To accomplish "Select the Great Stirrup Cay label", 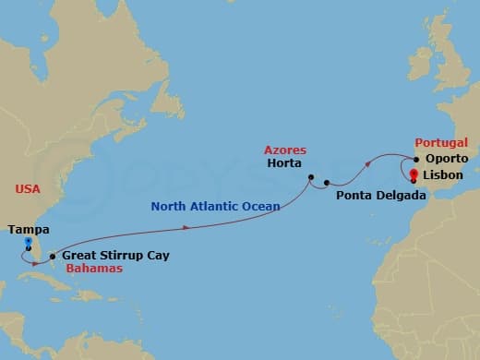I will click(x=115, y=255).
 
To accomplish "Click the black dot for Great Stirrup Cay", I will click(x=53, y=256).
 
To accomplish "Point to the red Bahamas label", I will click(x=95, y=268).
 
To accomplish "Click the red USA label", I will click(x=28, y=188).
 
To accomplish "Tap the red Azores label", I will click(x=285, y=150).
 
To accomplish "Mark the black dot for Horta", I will click(x=312, y=177).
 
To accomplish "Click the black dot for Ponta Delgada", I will click(x=328, y=183).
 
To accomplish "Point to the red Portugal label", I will click(x=442, y=144).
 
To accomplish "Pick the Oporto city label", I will click(x=448, y=159).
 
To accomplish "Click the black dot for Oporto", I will click(x=417, y=159).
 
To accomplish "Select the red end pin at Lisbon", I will click(x=414, y=175).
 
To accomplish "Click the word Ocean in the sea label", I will click(x=260, y=207).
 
